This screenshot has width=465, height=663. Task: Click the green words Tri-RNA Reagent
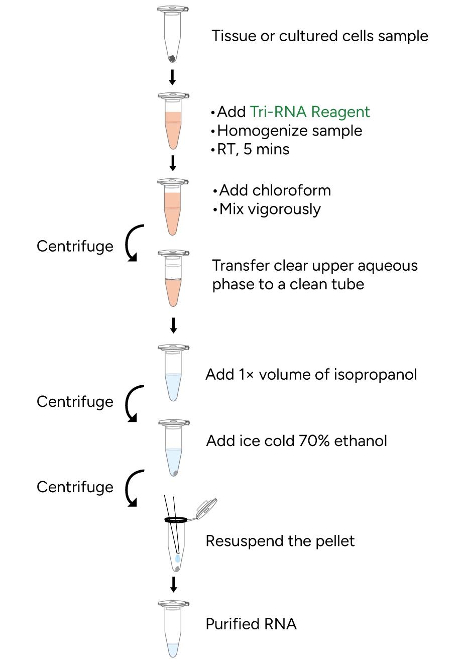[x=309, y=112]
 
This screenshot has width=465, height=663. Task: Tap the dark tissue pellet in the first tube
[x=172, y=58]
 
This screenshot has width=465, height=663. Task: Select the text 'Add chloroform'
[x=275, y=190]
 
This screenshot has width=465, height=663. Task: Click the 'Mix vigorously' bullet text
[x=270, y=209]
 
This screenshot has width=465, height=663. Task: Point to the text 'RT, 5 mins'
[x=253, y=149]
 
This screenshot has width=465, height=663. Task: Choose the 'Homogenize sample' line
[x=289, y=131]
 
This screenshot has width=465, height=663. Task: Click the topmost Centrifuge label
[x=75, y=246]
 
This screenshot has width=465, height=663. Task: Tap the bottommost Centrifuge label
[x=75, y=487]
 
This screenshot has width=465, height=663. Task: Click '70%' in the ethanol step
[x=314, y=440]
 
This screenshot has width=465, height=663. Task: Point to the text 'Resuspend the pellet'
[x=280, y=541]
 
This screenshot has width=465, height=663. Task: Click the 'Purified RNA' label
[x=251, y=624]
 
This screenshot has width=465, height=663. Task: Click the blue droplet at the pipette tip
[x=178, y=559]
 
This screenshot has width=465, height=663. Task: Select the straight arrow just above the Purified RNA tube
[x=174, y=584]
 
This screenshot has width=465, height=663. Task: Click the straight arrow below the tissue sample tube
[x=172, y=77]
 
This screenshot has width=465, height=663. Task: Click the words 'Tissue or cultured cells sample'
[x=319, y=36]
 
